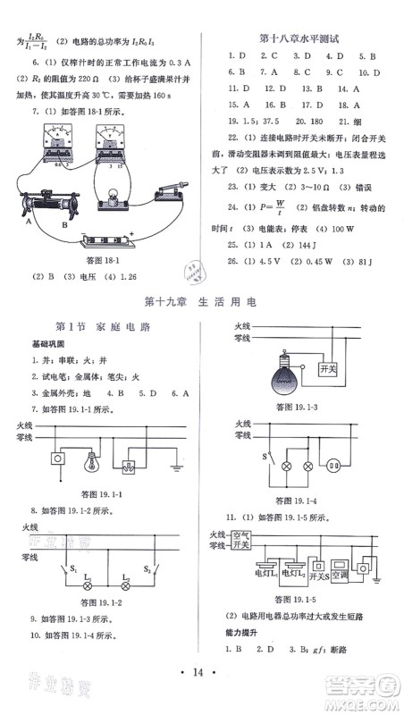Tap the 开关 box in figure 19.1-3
(x=325, y=367)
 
